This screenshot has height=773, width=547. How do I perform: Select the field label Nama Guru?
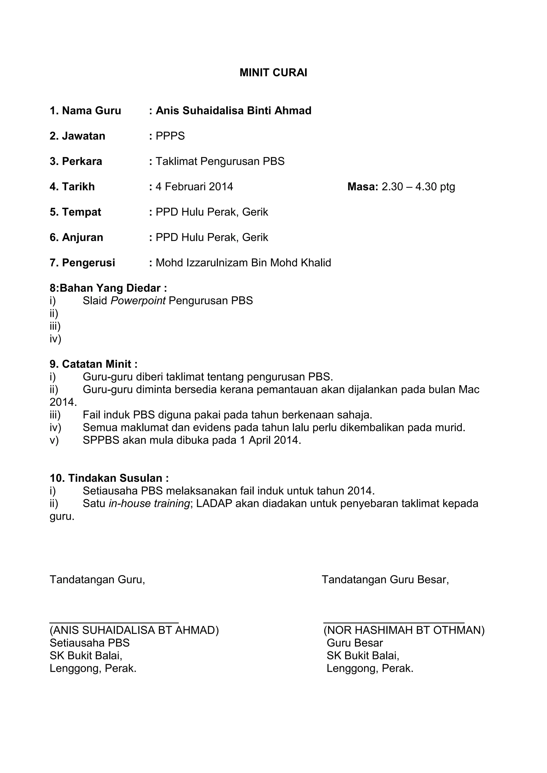pos(91,111)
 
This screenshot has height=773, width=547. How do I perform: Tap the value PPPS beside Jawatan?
pos(170,136)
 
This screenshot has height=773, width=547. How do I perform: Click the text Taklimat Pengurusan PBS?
pos(220,161)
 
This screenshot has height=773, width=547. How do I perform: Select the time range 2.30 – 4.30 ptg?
pos(418,187)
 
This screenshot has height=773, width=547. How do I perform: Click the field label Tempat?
pos(81,212)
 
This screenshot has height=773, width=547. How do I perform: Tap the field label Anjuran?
pos(82,237)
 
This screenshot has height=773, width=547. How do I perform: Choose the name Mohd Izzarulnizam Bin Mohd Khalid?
pos(243,263)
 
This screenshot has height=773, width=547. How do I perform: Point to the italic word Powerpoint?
pos(138,301)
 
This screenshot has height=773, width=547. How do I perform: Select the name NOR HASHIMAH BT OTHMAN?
pos(404,630)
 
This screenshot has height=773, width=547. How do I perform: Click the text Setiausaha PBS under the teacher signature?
pos(89,643)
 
